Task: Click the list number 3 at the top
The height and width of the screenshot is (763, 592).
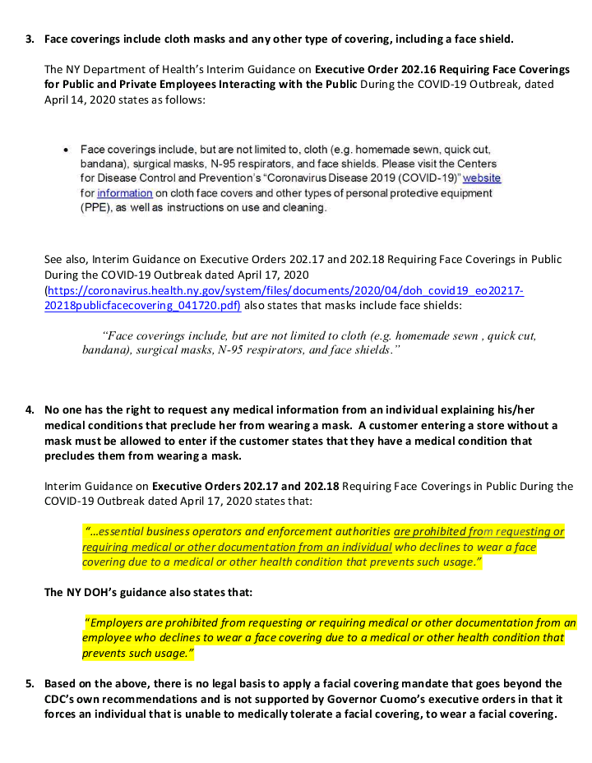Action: click(x=29, y=39)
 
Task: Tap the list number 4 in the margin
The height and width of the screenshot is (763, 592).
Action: click(x=29, y=409)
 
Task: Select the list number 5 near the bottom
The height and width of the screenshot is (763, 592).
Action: click(x=29, y=684)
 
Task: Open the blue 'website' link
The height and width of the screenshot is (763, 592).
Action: click(x=482, y=178)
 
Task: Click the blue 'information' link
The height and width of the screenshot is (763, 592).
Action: click(x=124, y=193)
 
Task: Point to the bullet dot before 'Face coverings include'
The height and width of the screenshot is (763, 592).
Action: click(x=65, y=150)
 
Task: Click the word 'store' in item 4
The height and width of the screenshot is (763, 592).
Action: click(x=494, y=425)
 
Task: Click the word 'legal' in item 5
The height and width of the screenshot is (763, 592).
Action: click(x=210, y=684)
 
